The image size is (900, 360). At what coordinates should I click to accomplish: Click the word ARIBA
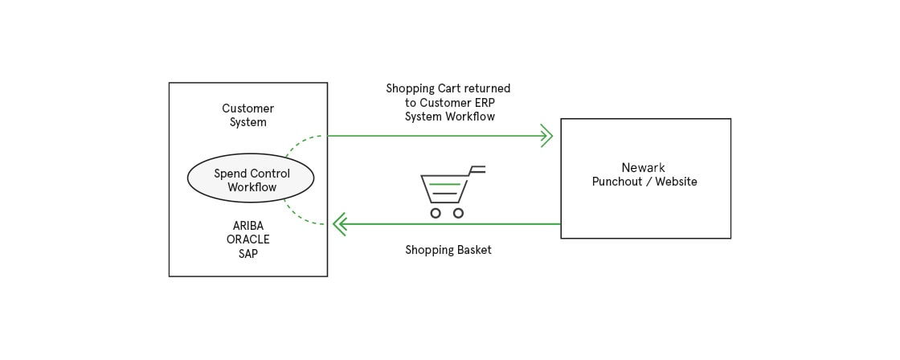tap(247, 226)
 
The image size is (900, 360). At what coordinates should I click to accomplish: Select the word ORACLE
tap(247, 239)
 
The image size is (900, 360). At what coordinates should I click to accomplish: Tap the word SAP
tap(247, 253)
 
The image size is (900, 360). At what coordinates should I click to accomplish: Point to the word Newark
tap(644, 168)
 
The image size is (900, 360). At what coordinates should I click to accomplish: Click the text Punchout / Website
tap(644, 182)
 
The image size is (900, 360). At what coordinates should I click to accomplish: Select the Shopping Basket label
tap(448, 250)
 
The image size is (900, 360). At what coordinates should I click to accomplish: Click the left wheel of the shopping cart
tap(436, 213)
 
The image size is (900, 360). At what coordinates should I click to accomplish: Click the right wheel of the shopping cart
tap(458, 213)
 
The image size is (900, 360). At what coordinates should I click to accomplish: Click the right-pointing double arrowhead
tap(546, 136)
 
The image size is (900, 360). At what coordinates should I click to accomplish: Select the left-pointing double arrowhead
tap(339, 224)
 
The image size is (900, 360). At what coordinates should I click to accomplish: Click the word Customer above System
tap(247, 108)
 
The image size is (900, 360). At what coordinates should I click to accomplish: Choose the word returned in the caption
tap(487, 88)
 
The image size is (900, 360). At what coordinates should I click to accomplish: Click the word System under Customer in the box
tap(247, 122)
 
